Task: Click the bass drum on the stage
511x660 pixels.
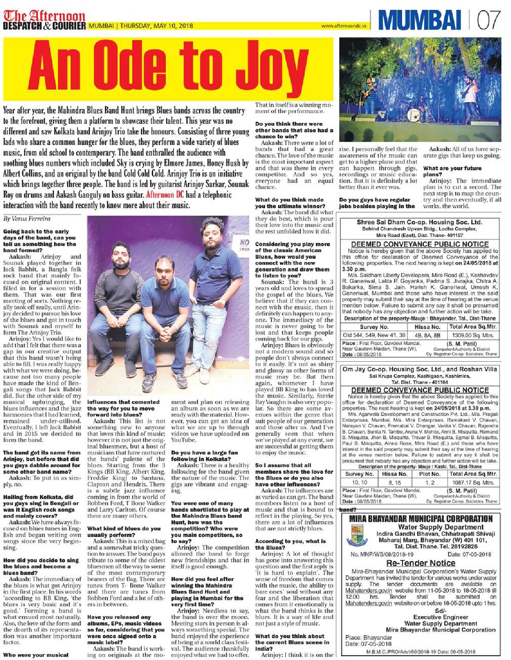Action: coord(413,115)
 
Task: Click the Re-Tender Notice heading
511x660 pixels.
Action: coord(420,563)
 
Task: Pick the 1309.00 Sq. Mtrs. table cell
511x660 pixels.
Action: coord(473,335)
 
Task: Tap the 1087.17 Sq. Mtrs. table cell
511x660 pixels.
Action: coord(473,482)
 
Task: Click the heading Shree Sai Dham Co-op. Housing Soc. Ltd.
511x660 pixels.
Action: coord(419,222)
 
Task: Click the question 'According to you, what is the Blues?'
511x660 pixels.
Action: coord(290,544)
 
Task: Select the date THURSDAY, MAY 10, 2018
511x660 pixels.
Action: coord(157,26)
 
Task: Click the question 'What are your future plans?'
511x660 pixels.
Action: coord(447,171)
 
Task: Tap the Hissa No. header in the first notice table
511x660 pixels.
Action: coord(427,327)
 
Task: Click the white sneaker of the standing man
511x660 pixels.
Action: coord(204,375)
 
